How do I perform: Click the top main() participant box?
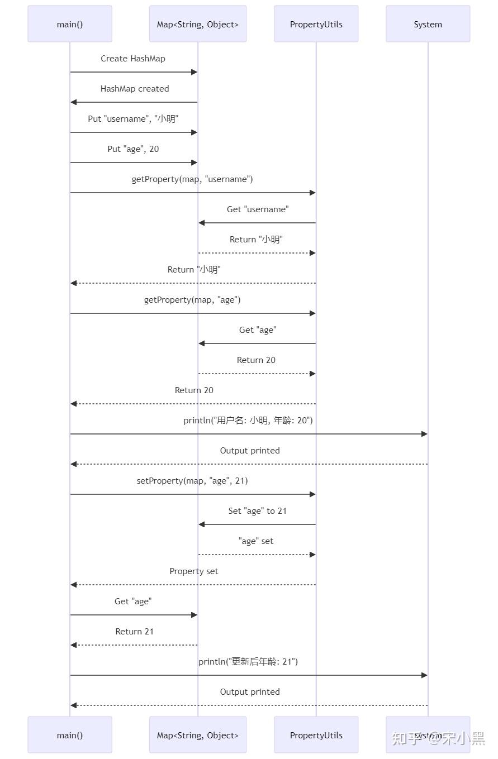click(x=70, y=24)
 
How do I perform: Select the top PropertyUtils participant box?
click(x=316, y=24)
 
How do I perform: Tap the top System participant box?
click(x=428, y=24)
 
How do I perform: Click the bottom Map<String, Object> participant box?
click(x=198, y=735)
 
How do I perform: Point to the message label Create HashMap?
click(x=133, y=59)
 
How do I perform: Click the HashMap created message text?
click(x=135, y=89)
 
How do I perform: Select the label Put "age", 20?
click(x=134, y=149)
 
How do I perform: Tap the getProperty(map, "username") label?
click(x=192, y=179)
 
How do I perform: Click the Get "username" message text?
click(x=258, y=209)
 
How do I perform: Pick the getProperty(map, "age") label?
click(x=192, y=300)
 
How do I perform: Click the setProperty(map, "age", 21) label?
click(x=192, y=481)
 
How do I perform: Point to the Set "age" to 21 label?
click(x=258, y=511)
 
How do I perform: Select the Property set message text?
click(x=194, y=571)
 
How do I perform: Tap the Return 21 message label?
click(x=135, y=632)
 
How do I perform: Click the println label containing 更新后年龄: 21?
click(x=248, y=662)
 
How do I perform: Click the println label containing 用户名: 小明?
click(x=248, y=421)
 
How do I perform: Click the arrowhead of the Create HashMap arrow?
click(x=195, y=72)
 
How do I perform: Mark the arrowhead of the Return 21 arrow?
click(x=74, y=645)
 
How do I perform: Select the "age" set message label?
click(x=256, y=541)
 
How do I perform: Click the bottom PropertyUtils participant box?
click(x=316, y=735)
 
